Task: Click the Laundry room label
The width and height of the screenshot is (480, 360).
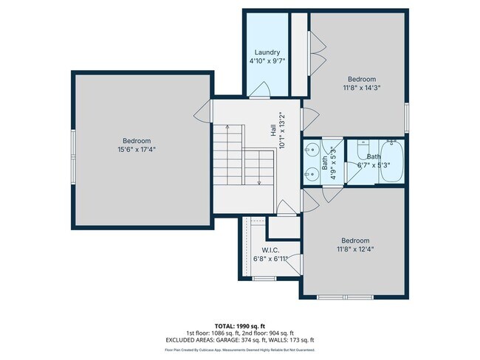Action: click(x=267, y=52)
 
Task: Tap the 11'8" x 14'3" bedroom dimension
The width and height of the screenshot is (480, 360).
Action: click(x=362, y=88)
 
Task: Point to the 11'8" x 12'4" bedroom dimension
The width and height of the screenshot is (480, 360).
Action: click(x=354, y=249)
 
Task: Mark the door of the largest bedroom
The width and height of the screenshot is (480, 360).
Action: click(x=204, y=113)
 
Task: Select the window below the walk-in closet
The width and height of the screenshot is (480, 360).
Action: click(x=263, y=279)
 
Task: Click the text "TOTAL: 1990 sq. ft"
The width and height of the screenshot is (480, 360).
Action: click(x=239, y=325)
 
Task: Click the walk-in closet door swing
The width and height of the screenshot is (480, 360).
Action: click(x=293, y=263)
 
